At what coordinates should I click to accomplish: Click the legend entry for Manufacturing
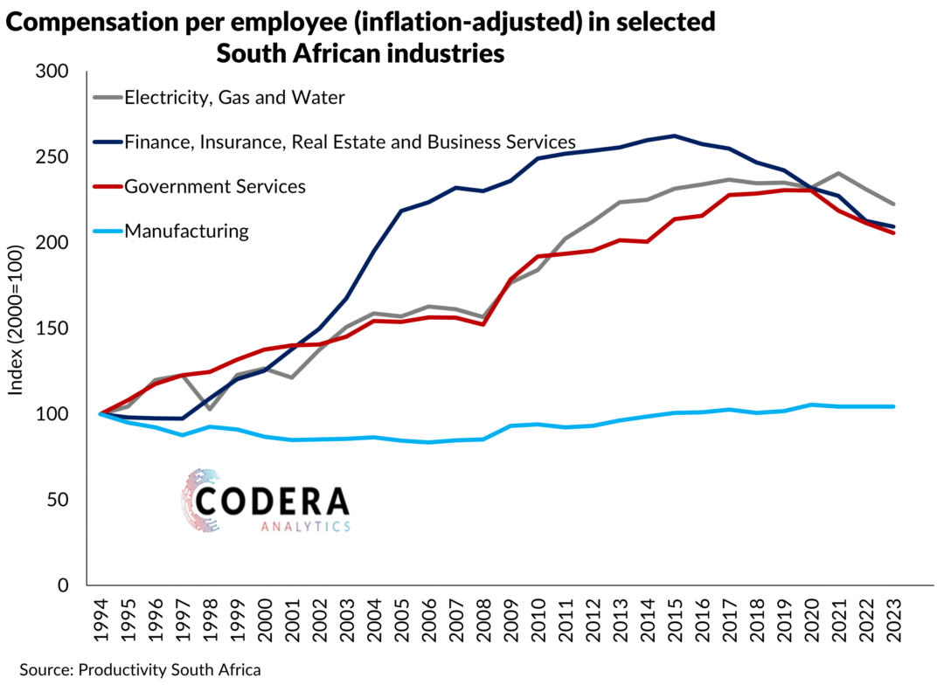(x=186, y=232)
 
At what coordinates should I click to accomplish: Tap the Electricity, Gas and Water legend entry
(x=234, y=97)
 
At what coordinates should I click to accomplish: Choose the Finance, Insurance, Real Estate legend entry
(x=350, y=142)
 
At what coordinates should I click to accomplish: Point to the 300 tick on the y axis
(x=55, y=72)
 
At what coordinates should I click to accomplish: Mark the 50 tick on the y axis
(x=60, y=500)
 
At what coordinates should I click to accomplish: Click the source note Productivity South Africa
(x=170, y=670)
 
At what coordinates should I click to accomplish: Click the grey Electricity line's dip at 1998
(x=211, y=408)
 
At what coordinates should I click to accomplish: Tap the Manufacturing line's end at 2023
(x=894, y=406)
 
